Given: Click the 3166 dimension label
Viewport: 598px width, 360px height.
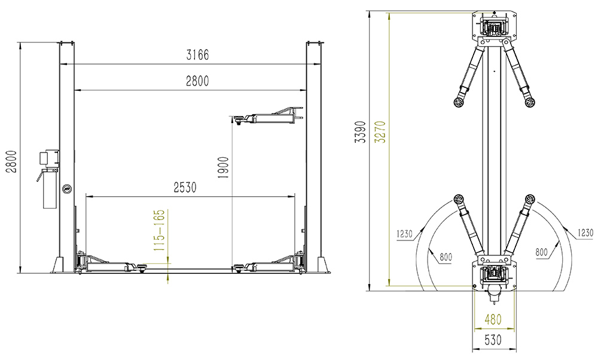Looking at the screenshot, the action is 197,55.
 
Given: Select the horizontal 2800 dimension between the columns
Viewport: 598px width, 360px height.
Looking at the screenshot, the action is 197,81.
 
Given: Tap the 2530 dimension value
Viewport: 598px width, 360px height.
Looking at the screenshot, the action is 185,187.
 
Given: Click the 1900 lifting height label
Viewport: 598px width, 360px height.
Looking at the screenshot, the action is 223,167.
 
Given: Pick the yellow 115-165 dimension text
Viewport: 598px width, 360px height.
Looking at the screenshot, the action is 160,230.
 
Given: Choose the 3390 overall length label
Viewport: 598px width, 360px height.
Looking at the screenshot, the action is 361,132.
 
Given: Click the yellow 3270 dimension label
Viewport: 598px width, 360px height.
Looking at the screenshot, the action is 380,132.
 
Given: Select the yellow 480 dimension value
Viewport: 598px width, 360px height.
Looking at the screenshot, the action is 493,319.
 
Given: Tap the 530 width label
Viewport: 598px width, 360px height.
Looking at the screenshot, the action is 493,340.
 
